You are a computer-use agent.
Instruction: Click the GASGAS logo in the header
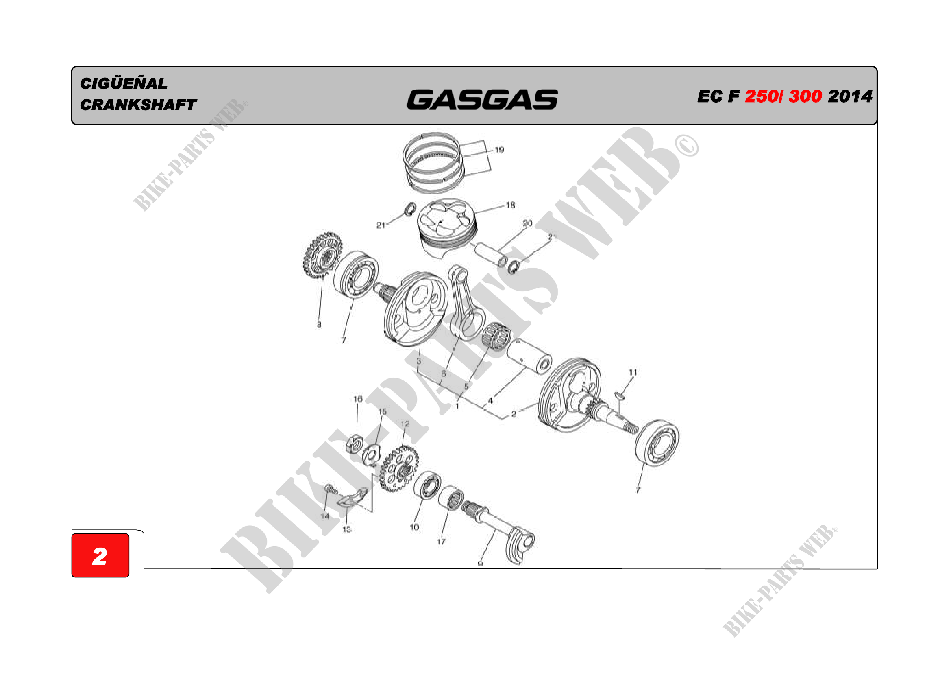click(483, 100)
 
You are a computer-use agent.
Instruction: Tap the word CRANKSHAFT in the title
click(138, 105)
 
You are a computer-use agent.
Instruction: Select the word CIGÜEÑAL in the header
click(124, 83)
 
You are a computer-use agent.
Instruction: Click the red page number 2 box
click(100, 555)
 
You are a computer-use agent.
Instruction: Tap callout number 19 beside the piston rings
click(500, 150)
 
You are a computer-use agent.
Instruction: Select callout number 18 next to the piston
click(510, 205)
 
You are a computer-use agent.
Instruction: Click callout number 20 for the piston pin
click(527, 223)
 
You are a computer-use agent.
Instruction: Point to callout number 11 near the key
click(633, 372)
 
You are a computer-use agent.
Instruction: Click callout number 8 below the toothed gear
click(319, 324)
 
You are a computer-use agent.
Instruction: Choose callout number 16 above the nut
click(358, 399)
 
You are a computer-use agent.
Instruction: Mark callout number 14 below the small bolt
click(325, 516)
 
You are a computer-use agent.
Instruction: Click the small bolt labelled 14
click(330, 489)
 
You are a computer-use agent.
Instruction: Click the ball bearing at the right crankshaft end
click(657, 443)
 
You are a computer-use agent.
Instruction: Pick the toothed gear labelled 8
click(323, 255)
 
